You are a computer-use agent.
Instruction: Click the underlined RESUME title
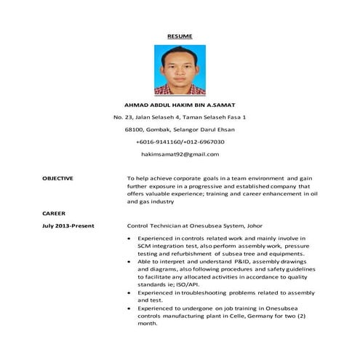[180, 35]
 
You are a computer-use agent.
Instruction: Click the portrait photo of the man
[180, 71]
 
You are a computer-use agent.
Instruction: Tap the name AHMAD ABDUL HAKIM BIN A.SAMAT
[180, 105]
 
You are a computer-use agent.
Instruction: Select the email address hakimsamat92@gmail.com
[180, 154]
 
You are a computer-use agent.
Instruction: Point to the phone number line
[180, 142]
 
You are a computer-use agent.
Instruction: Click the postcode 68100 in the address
[135, 129]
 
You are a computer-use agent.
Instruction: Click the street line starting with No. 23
[180, 117]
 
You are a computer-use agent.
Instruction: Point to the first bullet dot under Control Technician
[129, 238]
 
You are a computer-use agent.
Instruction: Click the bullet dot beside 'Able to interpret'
[129, 261]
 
